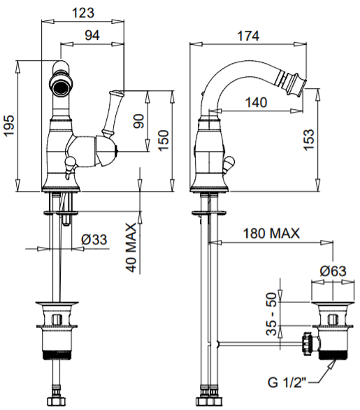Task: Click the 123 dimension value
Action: [x=82, y=13]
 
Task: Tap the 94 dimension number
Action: [x=92, y=35]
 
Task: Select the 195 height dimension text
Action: [x=9, y=125]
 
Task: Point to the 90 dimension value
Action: [x=138, y=121]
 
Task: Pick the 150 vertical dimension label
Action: [x=164, y=141]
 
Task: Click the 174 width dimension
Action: [x=248, y=36]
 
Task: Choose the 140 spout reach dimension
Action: [x=256, y=102]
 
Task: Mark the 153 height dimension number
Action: [x=308, y=140]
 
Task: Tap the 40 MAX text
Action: [x=131, y=248]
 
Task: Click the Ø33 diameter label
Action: [x=94, y=239]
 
